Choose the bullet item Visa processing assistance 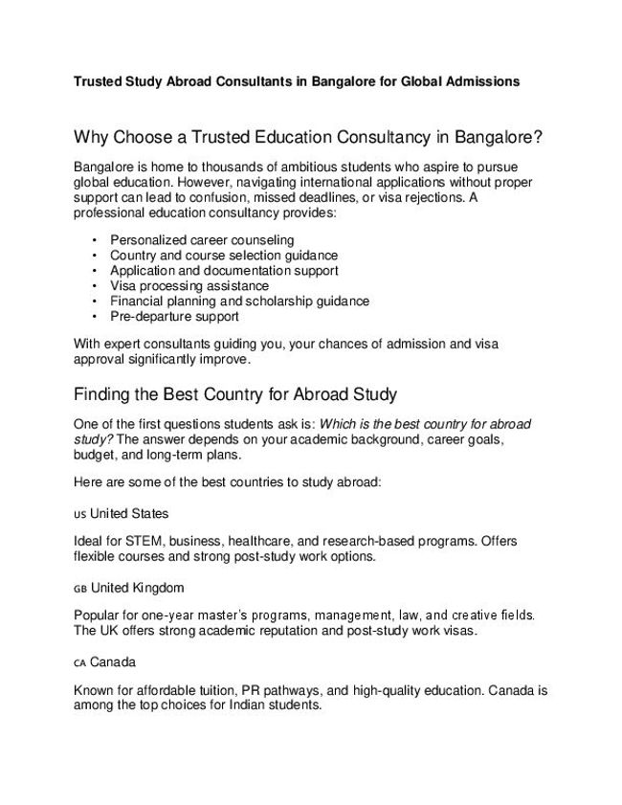click(x=189, y=285)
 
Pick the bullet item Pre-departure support click(x=174, y=316)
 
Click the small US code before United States click(x=79, y=514)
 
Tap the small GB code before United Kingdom click(x=79, y=588)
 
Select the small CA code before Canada click(x=79, y=661)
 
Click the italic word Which click(x=338, y=423)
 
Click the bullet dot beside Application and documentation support click(x=95, y=270)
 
